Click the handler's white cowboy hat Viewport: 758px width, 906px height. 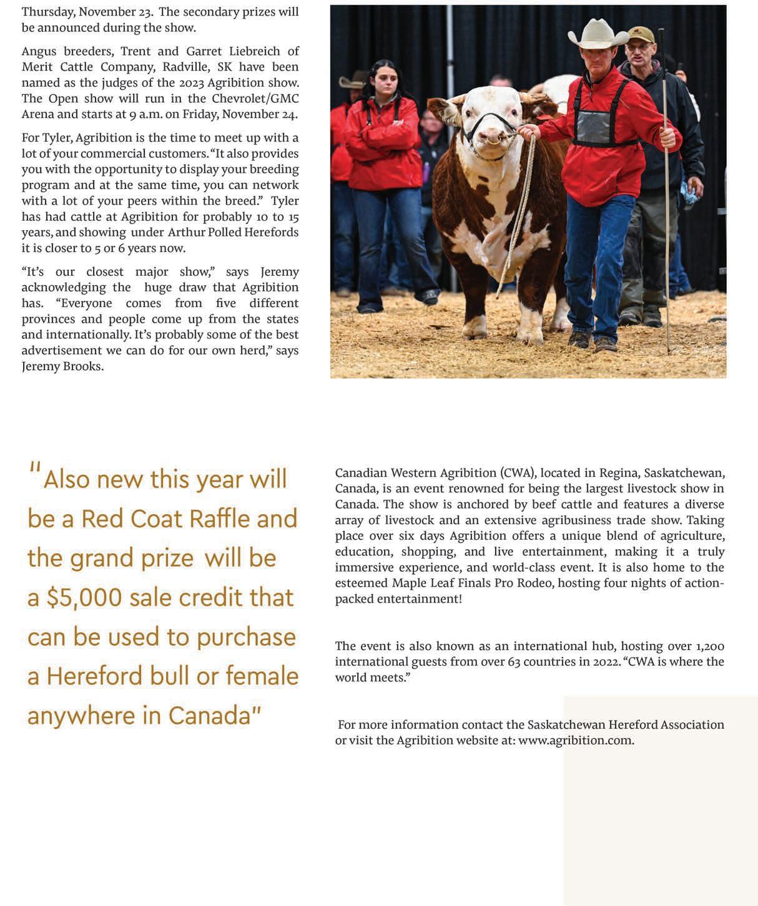[598, 34]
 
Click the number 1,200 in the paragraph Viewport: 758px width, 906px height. [709, 646]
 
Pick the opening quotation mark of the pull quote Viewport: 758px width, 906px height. [34, 468]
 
